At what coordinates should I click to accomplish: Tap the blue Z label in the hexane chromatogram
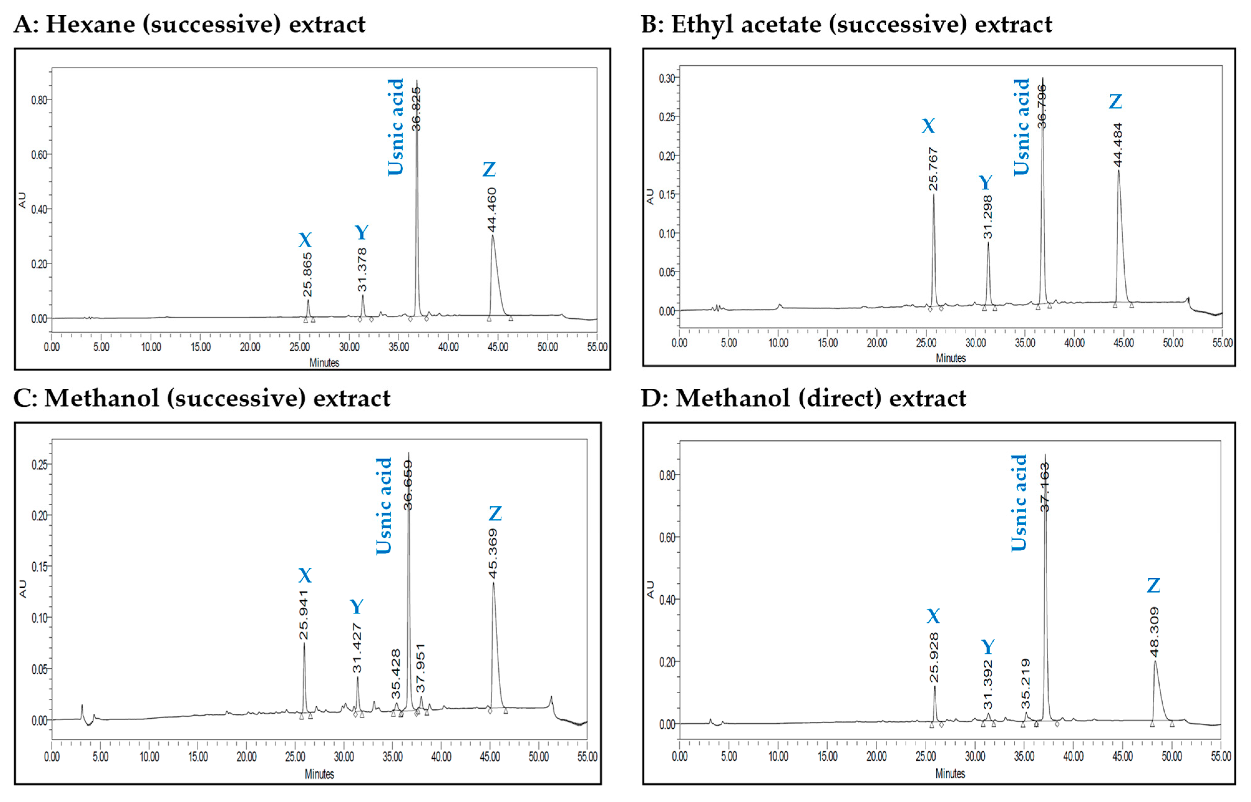coord(489,170)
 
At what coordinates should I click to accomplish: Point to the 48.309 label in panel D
coord(1154,632)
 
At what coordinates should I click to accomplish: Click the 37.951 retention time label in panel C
coord(421,668)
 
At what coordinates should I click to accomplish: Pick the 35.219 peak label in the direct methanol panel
coord(1025,684)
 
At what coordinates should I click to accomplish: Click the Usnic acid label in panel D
coord(1019,503)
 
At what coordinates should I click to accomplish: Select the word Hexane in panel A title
coord(90,24)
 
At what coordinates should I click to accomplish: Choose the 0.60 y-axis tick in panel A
coord(40,155)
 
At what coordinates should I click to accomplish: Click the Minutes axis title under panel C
coord(319,774)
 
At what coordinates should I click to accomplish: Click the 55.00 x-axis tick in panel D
coord(1220,756)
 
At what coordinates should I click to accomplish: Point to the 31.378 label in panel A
coord(362,270)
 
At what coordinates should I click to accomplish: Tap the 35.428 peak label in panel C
coord(396,674)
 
